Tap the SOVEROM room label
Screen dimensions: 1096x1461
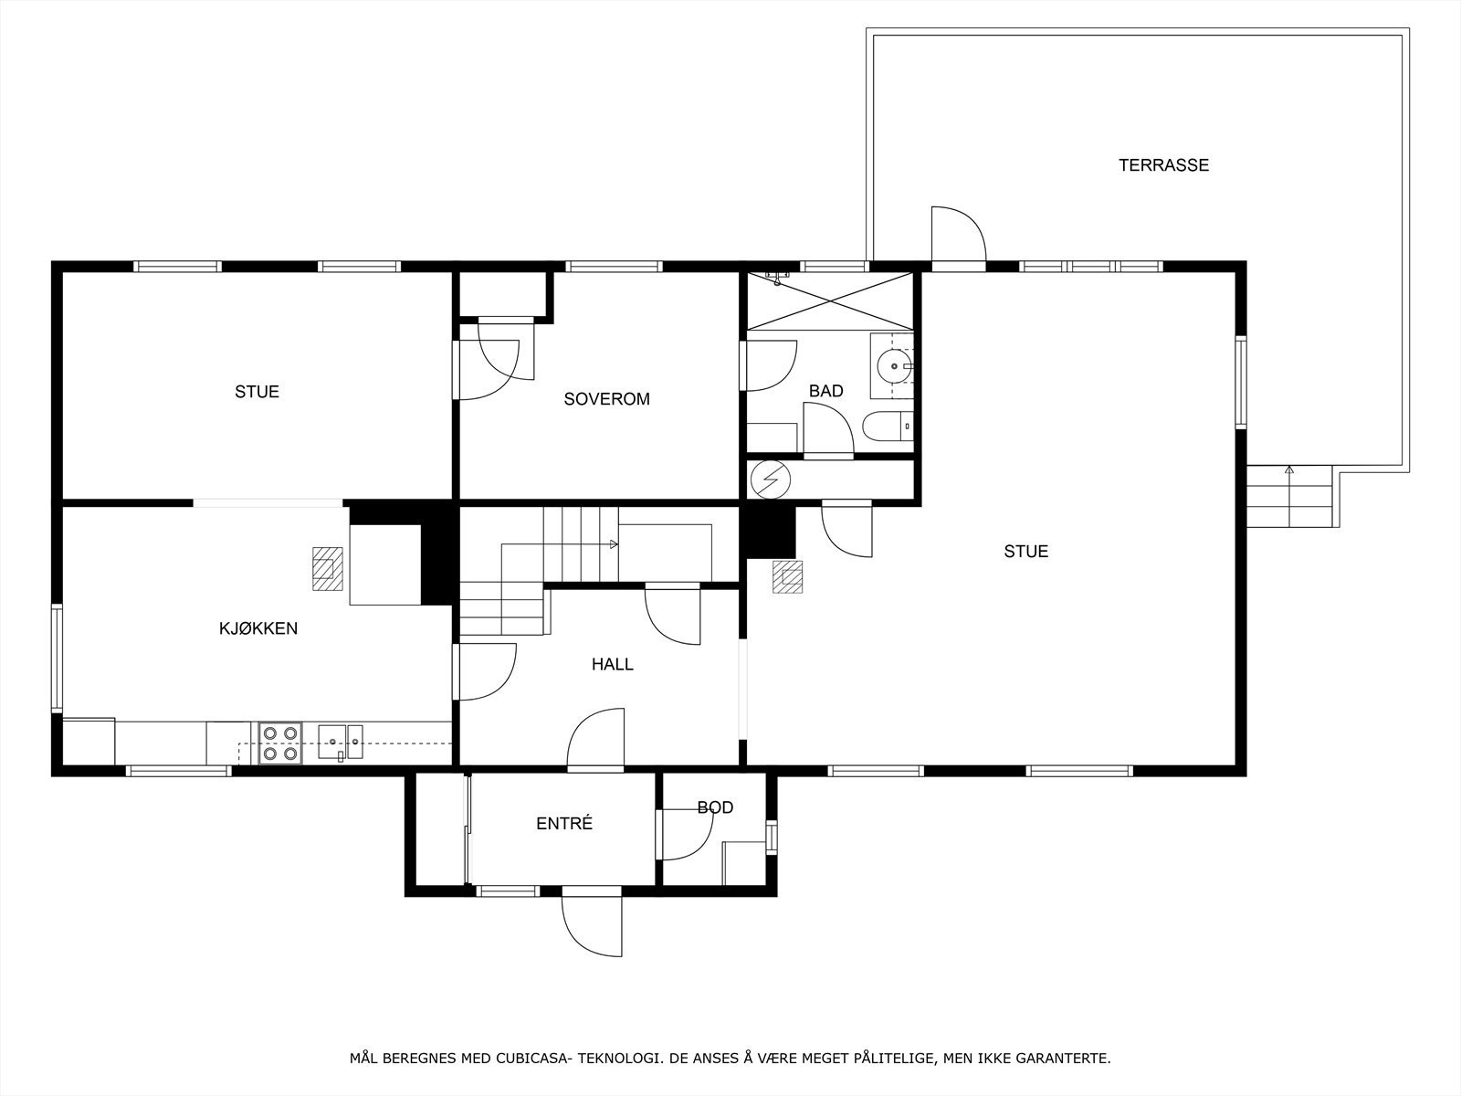point(606,399)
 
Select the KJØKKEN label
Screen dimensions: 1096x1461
point(258,628)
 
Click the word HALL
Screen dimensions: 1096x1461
point(612,664)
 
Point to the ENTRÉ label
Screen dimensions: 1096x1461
point(563,823)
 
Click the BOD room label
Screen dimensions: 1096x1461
point(715,807)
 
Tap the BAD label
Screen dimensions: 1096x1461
point(825,391)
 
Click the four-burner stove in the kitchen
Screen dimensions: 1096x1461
point(280,743)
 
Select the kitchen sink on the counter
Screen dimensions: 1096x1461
point(341,741)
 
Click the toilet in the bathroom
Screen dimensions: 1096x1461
point(887,427)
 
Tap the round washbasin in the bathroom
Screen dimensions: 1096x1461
point(890,366)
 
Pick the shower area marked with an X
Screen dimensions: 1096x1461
point(829,300)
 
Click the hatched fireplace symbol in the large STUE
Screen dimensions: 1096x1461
point(787,577)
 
